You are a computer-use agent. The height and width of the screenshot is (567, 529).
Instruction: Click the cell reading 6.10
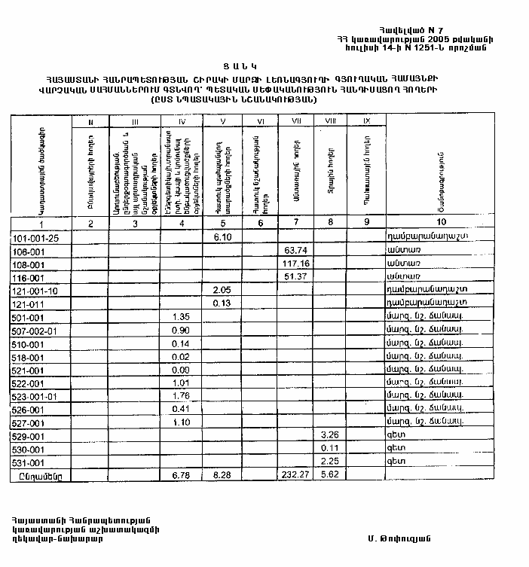(221, 237)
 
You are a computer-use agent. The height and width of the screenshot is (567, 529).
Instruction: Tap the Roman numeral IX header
(366, 120)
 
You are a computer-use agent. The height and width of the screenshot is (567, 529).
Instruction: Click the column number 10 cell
(440, 222)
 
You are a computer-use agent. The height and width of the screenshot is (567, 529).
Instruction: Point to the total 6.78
(181, 475)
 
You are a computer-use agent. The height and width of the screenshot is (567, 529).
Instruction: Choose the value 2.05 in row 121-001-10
(221, 290)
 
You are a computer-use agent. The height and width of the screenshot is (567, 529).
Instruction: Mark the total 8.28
(221, 475)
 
